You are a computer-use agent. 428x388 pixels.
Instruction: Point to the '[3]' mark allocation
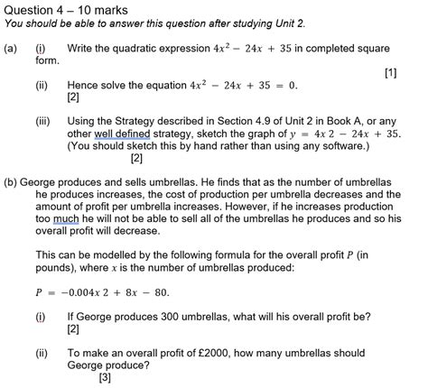coord(106,378)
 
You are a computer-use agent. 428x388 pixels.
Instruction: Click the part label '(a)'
coord(10,47)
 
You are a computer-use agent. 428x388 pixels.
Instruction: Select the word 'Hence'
coord(84,86)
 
